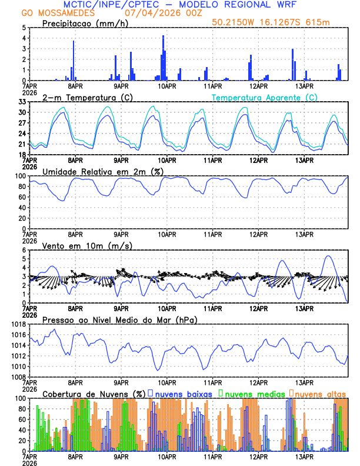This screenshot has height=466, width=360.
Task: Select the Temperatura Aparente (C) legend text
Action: (265, 97)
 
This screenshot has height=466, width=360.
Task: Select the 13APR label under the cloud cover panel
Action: (304, 457)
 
